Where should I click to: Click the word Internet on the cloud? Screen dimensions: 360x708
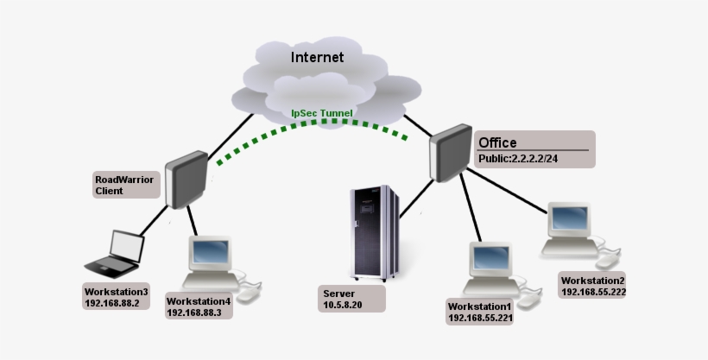point(317,58)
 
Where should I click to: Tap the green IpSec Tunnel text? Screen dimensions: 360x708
point(322,113)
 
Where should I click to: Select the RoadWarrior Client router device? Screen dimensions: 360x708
point(185,180)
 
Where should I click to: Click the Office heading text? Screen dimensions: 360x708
point(497,142)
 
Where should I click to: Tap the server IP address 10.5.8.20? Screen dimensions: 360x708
point(344,305)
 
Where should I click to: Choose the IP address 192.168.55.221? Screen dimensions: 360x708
point(480,319)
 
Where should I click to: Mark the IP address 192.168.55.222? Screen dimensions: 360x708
point(593,292)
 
